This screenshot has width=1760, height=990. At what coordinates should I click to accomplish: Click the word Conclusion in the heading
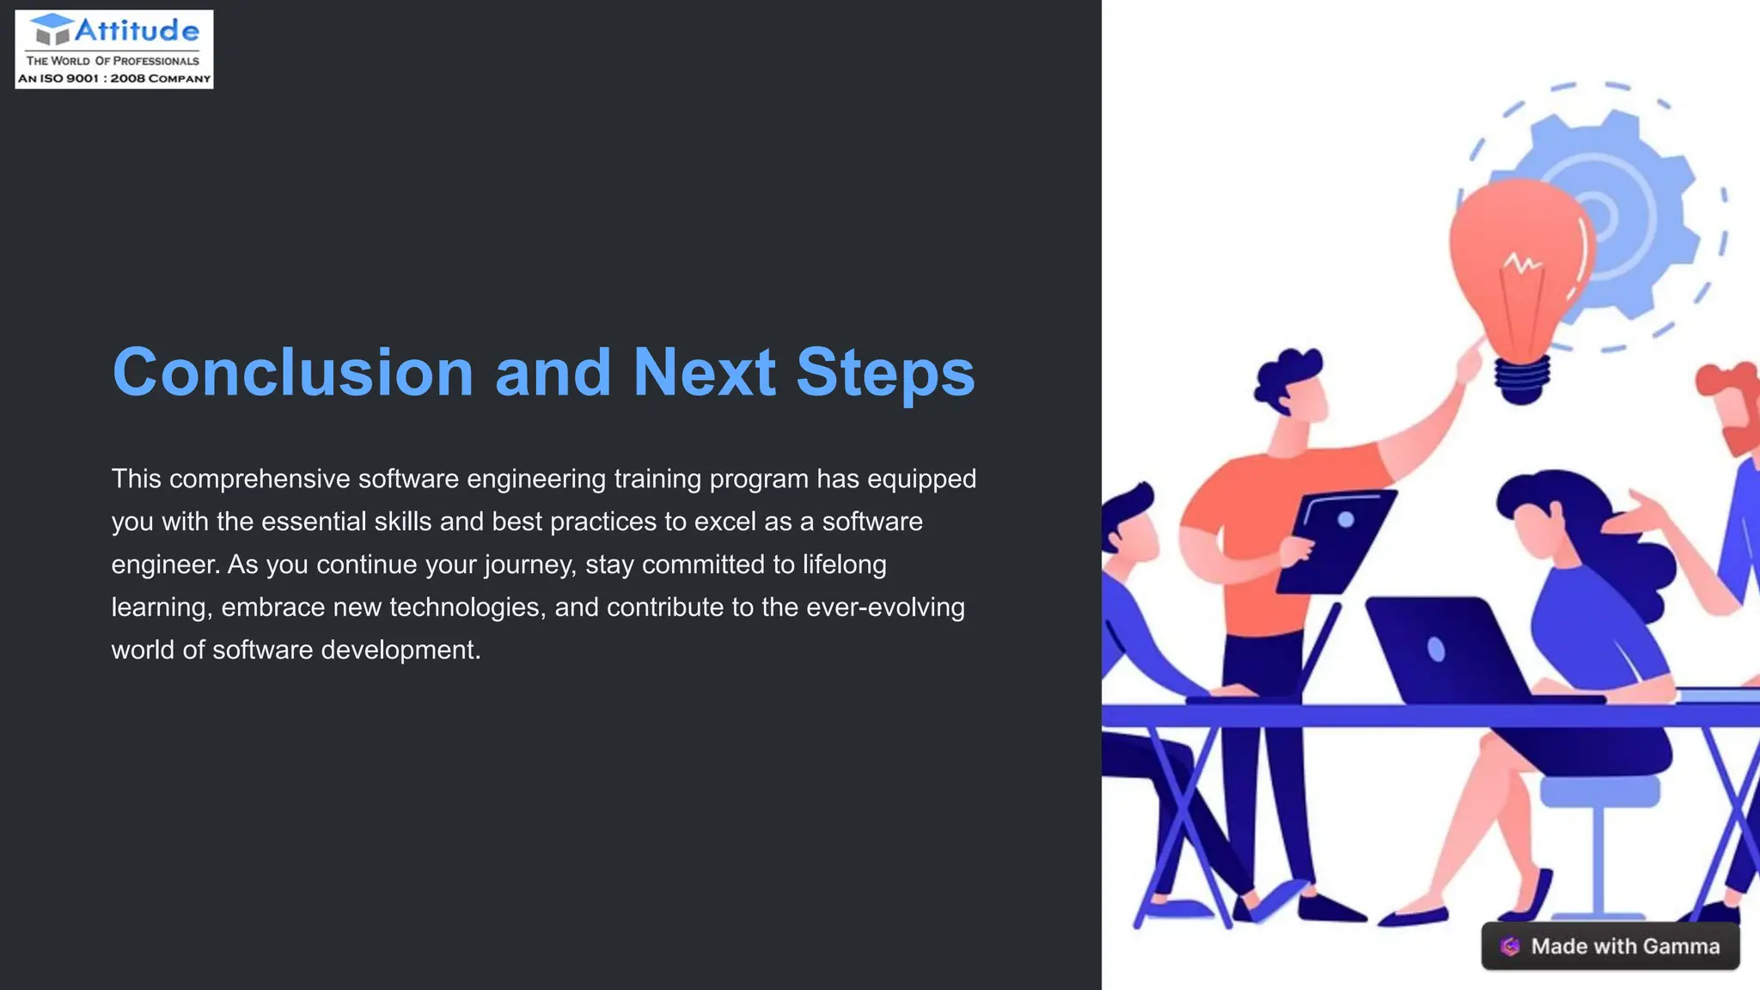pos(293,373)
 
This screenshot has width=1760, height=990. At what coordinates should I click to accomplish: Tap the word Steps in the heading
pos(885,373)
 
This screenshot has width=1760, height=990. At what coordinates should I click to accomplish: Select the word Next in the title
pos(704,373)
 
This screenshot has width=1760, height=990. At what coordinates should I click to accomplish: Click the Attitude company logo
pos(114,49)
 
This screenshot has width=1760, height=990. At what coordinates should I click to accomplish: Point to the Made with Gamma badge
pos(1610,946)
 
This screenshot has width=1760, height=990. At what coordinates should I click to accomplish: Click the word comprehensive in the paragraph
pos(260,479)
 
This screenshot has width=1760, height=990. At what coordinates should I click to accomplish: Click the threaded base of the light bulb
pos(1522,378)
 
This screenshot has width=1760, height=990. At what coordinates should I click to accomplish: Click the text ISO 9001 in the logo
pos(70,78)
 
